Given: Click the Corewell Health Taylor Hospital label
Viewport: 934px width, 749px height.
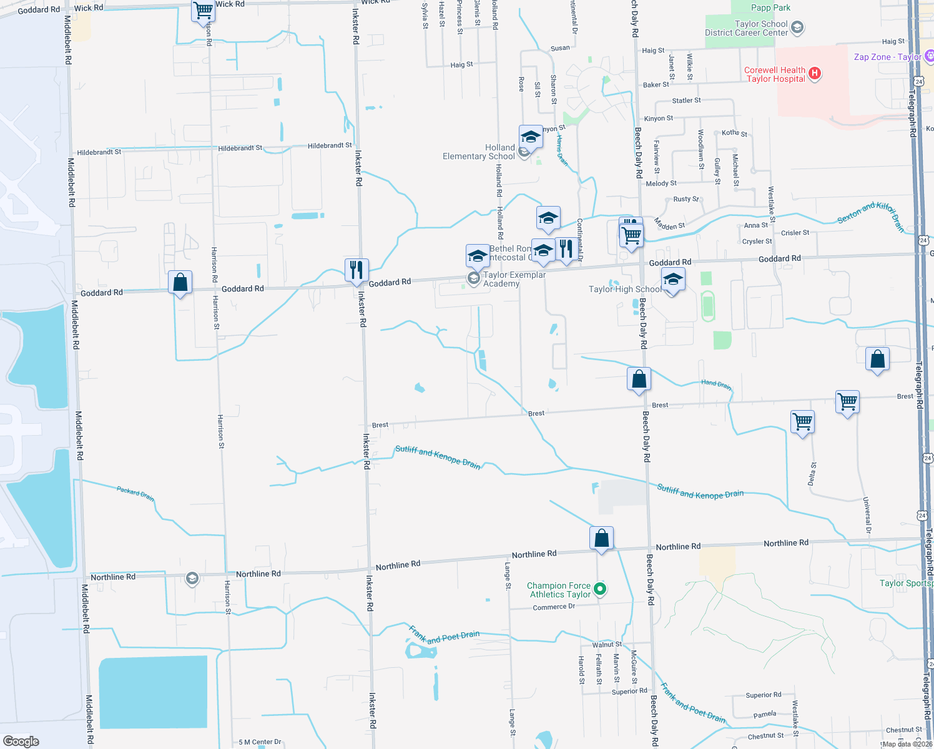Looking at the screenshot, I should coord(775,74).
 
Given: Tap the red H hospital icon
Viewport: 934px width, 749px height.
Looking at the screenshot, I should coord(814,74).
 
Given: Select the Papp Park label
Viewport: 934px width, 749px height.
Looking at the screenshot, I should coord(770,7).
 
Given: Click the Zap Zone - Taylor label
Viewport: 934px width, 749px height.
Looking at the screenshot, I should coord(887,57).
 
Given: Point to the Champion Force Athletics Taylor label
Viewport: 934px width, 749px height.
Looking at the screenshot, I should coord(559,590).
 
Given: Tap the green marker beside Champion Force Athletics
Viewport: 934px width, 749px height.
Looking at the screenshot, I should coord(600,588).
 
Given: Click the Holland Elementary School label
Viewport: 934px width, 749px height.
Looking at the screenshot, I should coord(479,152).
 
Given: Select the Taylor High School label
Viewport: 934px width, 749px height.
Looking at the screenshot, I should coord(625,289).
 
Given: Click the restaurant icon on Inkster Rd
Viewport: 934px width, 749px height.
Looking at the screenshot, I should coord(356,270).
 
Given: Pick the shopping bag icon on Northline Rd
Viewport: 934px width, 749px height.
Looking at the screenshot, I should coord(602,538).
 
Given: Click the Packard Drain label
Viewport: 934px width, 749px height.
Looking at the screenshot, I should coord(135,493).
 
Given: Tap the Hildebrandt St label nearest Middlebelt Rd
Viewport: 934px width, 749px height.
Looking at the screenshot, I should coord(99,152).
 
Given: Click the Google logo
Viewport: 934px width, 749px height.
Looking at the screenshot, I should coord(21,741).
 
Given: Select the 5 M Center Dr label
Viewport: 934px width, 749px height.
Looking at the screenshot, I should coord(260,742).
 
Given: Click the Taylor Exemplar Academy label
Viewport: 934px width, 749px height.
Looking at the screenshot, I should coord(514,279).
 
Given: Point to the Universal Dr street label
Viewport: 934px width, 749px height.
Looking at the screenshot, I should coord(867,515).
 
